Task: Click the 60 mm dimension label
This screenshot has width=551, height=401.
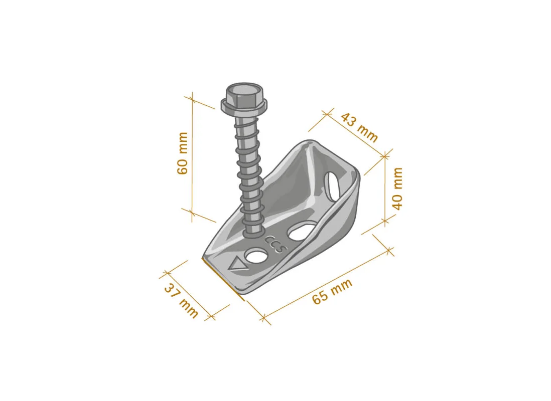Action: pos(183,153)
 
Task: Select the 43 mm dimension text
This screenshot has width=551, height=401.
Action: pos(359,127)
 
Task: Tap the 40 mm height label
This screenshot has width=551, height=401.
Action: pos(396,188)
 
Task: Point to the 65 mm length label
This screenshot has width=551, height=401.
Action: pos(332,291)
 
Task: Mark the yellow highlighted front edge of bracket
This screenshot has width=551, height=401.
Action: pos(223,279)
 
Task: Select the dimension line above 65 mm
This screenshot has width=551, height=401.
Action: pos(326,284)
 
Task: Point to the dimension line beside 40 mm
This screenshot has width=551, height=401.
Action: pos(385,188)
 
